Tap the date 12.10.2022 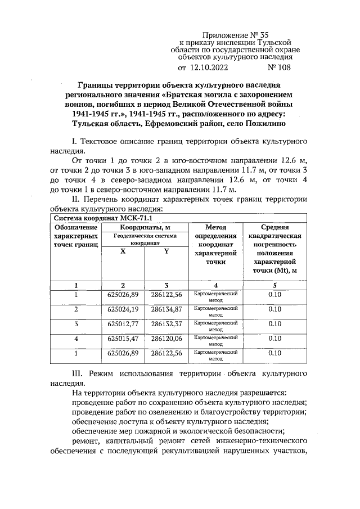pyautogui.click(x=208, y=68)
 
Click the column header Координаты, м pyautogui.click(x=145, y=227)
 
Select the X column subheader pyautogui.click(x=123, y=251)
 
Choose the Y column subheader pyautogui.click(x=166, y=251)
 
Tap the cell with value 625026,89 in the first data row pyautogui.click(x=123, y=294)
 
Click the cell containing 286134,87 pyautogui.click(x=166, y=309)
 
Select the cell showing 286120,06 pyautogui.click(x=166, y=339)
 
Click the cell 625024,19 pyautogui.click(x=123, y=309)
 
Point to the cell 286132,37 pyautogui.click(x=166, y=324)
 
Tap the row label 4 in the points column pyautogui.click(x=75, y=339)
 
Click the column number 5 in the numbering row pyautogui.click(x=274, y=285)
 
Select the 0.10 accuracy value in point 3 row pyautogui.click(x=274, y=324)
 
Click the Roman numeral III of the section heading pyautogui.click(x=79, y=373)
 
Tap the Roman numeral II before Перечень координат pyautogui.click(x=78, y=200)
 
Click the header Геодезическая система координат pyautogui.click(x=145, y=240)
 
